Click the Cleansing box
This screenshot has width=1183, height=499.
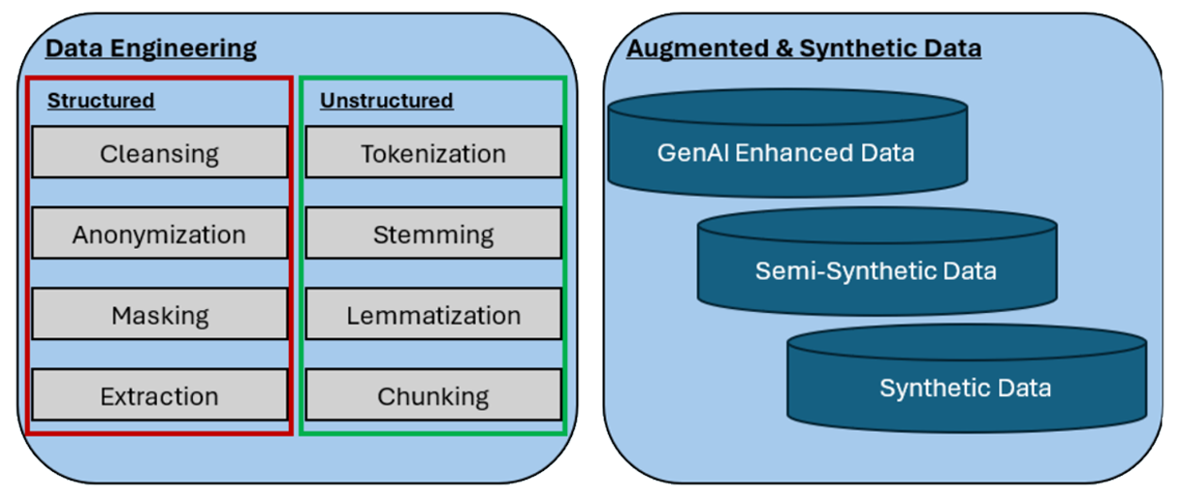(x=159, y=153)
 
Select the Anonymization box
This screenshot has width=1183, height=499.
(x=159, y=234)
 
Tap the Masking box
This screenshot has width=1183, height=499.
(x=159, y=315)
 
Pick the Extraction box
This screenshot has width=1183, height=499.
(x=159, y=395)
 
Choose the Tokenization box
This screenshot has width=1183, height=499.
(x=432, y=153)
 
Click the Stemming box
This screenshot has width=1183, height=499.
(x=432, y=234)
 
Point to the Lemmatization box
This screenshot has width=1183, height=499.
(x=432, y=315)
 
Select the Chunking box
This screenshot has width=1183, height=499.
(x=432, y=395)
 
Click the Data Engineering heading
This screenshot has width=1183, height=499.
(x=151, y=48)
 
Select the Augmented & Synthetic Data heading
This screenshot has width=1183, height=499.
(x=804, y=48)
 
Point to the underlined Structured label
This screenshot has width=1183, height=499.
(x=101, y=101)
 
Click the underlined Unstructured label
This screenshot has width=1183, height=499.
(x=386, y=101)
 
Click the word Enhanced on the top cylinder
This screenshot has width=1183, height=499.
(x=783, y=152)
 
